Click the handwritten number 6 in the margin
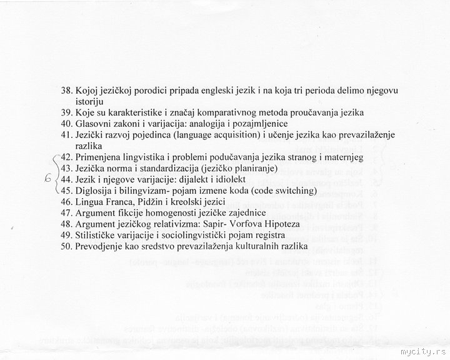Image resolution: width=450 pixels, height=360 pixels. [x=47, y=178]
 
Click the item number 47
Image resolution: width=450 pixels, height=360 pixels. [x=67, y=213]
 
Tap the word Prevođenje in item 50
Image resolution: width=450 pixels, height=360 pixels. [x=103, y=247]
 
